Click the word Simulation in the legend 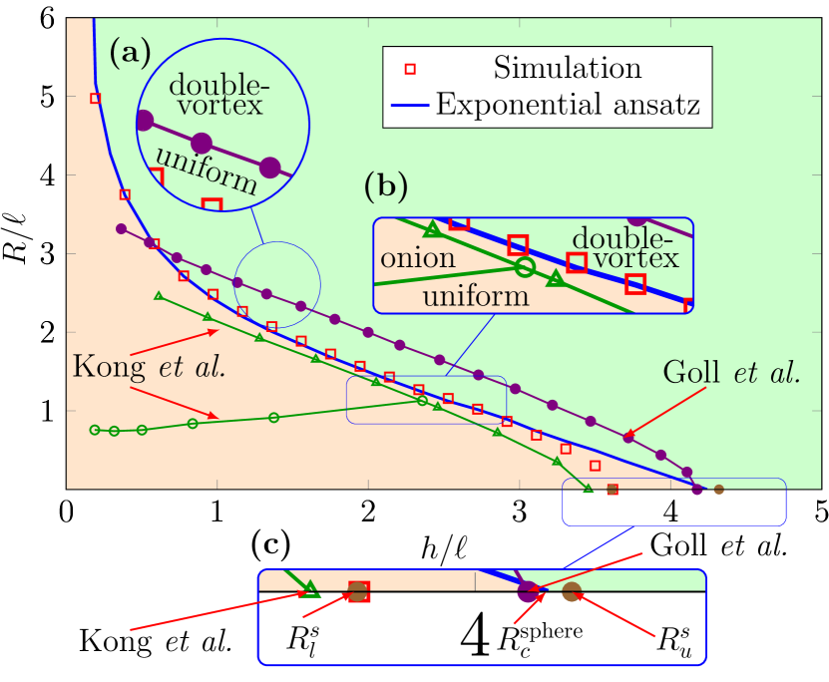pos(567,68)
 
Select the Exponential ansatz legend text pos(569,105)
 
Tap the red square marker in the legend pos(410,69)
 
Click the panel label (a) pos(130,52)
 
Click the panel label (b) pos(386,184)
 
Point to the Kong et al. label pos(149,366)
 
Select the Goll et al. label pos(731,374)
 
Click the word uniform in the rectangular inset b pos(475,296)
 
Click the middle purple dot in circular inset pos(202,144)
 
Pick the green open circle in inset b pos(525,267)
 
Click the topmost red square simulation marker pos(96,98)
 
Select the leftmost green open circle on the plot pos(95,430)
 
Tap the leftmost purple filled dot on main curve pos(122,229)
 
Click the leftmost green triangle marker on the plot pos(159,296)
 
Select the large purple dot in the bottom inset pos(528,592)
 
